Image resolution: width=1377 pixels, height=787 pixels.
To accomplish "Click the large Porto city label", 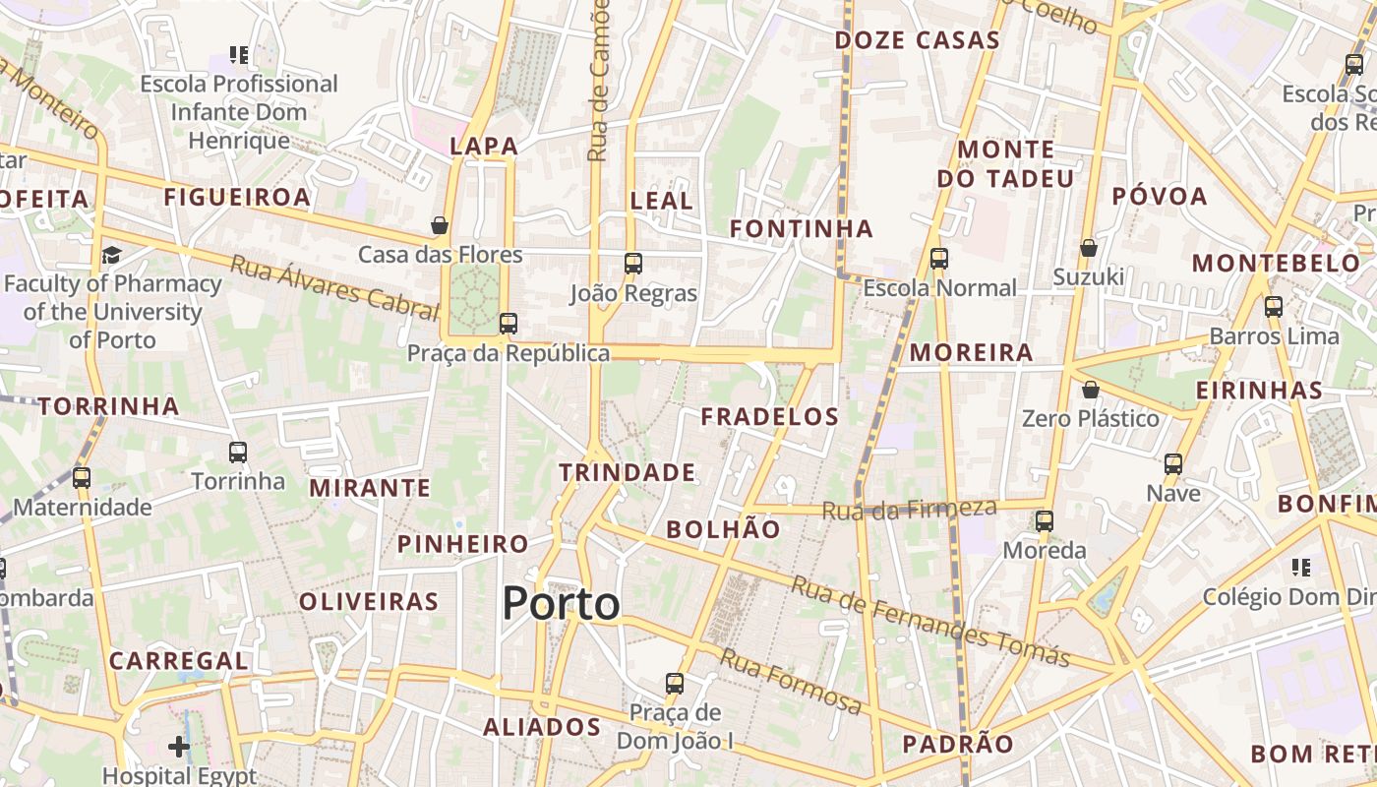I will (x=561, y=603).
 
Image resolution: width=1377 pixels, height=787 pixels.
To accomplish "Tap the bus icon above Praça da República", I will (x=509, y=324).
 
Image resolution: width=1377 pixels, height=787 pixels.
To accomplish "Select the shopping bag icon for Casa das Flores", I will (x=440, y=226).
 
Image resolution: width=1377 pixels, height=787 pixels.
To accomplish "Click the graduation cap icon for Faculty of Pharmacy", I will (x=111, y=256).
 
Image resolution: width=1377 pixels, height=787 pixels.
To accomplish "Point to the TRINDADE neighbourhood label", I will (x=628, y=472).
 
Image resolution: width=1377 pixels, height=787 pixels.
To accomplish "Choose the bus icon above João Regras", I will (x=633, y=264).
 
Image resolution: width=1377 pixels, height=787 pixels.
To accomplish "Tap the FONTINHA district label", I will (x=801, y=229).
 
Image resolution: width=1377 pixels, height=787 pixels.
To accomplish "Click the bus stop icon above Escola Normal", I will (x=939, y=259).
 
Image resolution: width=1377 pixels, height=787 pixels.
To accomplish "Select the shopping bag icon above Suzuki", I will (x=1088, y=248).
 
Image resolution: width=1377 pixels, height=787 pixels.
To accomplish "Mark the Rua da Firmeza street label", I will (x=909, y=510).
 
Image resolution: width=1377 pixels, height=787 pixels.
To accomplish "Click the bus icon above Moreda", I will (x=1045, y=520).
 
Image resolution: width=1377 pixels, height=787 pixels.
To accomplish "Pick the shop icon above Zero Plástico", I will (x=1090, y=390).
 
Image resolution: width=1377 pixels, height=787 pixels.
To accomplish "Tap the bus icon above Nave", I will (x=1173, y=464).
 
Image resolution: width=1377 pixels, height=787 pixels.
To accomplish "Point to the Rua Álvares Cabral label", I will (x=333, y=287).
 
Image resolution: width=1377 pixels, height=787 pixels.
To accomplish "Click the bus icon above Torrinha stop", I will (x=238, y=453).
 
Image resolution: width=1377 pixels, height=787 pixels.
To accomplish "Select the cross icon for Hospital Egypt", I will (x=178, y=747).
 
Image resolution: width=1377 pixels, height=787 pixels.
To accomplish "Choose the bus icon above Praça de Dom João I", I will (x=675, y=683).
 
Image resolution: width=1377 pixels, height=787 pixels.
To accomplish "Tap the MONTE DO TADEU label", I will (x=1005, y=164).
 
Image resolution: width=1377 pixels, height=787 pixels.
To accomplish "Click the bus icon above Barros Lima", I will (x=1274, y=307).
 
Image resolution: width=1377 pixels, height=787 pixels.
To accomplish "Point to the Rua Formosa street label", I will (x=790, y=680).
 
